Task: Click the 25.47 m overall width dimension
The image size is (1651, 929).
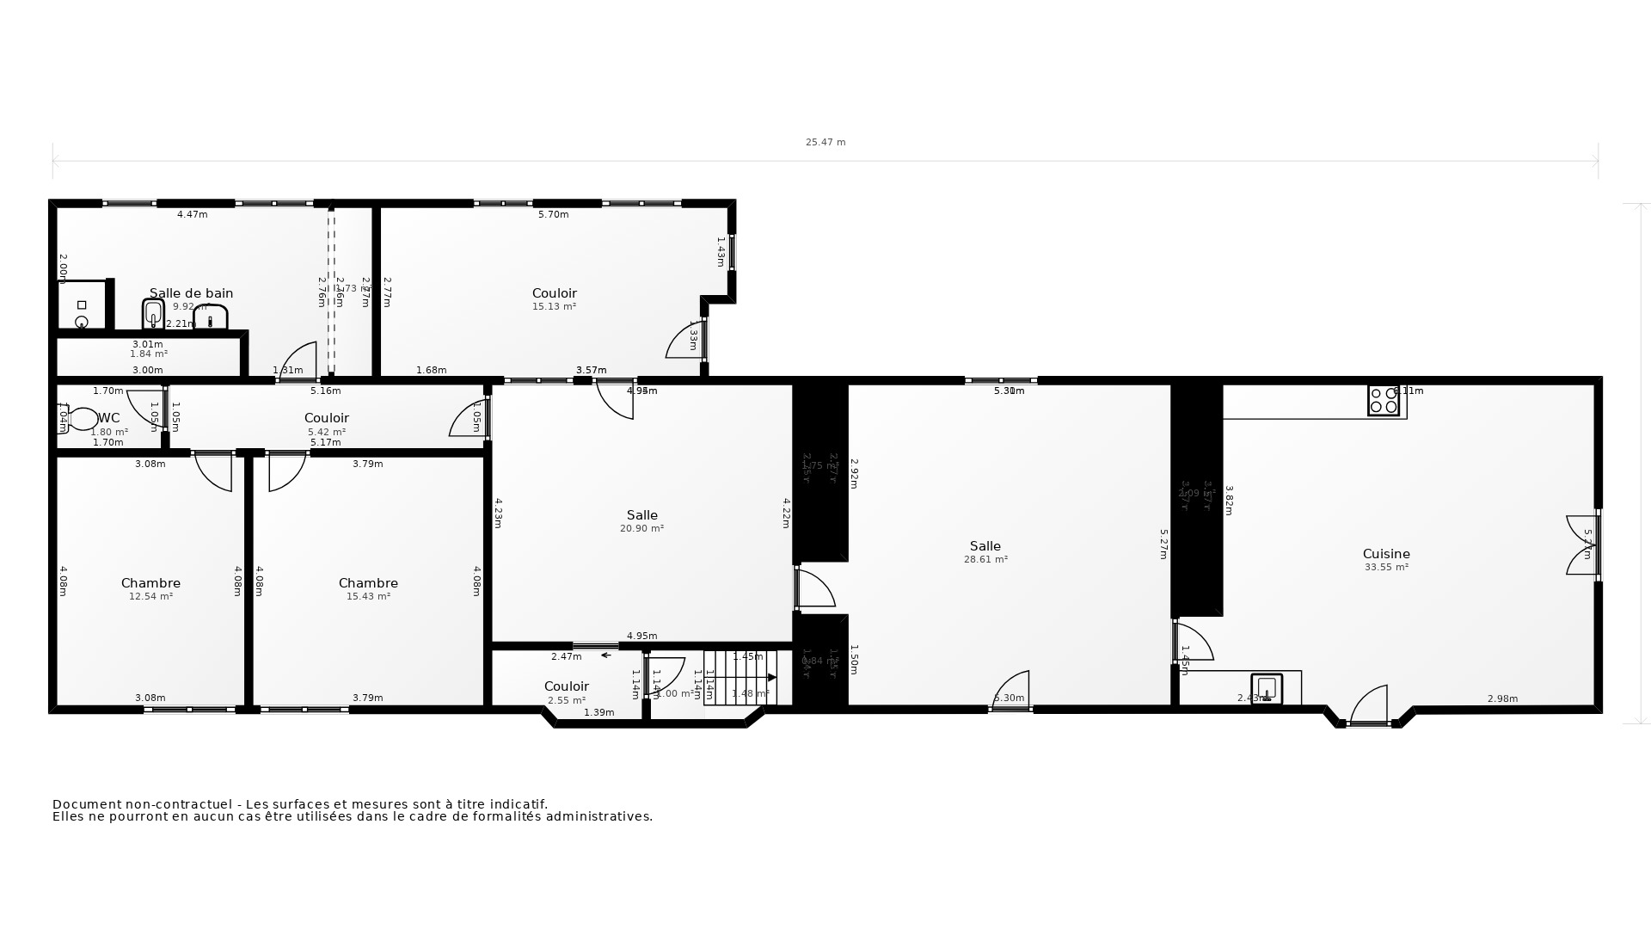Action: click(x=825, y=143)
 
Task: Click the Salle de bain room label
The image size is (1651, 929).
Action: click(x=191, y=293)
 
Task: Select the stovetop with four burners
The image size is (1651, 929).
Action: click(x=1384, y=401)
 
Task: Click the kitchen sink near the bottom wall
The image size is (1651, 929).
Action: click(x=1267, y=688)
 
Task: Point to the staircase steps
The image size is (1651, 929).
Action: click(x=740, y=678)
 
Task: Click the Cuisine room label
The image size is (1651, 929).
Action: click(x=1386, y=554)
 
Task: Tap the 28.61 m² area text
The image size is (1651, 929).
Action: click(x=985, y=559)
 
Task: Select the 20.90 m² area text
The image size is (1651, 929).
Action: click(x=641, y=528)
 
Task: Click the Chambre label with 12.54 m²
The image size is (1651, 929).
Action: click(x=150, y=583)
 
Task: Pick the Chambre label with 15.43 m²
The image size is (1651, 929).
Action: click(x=368, y=583)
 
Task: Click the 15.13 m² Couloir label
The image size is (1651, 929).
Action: click(x=554, y=293)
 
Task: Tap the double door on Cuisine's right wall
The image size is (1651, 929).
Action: click(x=1583, y=544)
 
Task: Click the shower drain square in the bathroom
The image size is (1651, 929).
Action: click(x=82, y=305)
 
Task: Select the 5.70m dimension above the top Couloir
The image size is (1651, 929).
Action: click(x=553, y=215)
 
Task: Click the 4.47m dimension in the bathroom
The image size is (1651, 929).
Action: click(x=192, y=215)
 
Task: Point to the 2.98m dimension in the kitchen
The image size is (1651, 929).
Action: click(x=1502, y=698)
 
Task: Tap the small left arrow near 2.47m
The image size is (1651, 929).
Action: click(x=605, y=655)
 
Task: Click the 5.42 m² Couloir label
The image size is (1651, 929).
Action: click(x=327, y=418)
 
